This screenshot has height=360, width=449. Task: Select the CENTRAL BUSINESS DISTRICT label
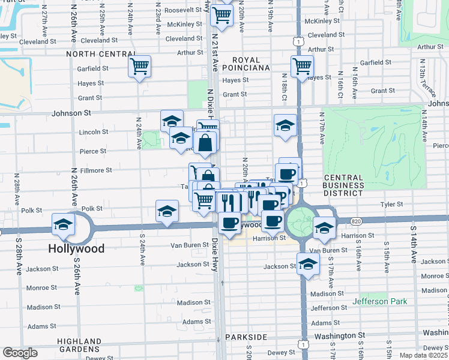tap(343, 185)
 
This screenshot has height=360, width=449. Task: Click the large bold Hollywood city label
tap(76, 248)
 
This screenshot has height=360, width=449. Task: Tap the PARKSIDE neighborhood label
tap(246, 337)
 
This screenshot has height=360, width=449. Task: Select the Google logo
tap(20, 353)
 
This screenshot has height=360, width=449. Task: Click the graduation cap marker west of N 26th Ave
tap(62, 224)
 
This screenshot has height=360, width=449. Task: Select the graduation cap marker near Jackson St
tap(308, 263)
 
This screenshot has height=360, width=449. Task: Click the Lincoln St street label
tap(93, 132)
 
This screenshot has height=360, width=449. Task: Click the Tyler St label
tap(391, 205)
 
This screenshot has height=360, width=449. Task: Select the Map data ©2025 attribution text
tap(424, 355)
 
